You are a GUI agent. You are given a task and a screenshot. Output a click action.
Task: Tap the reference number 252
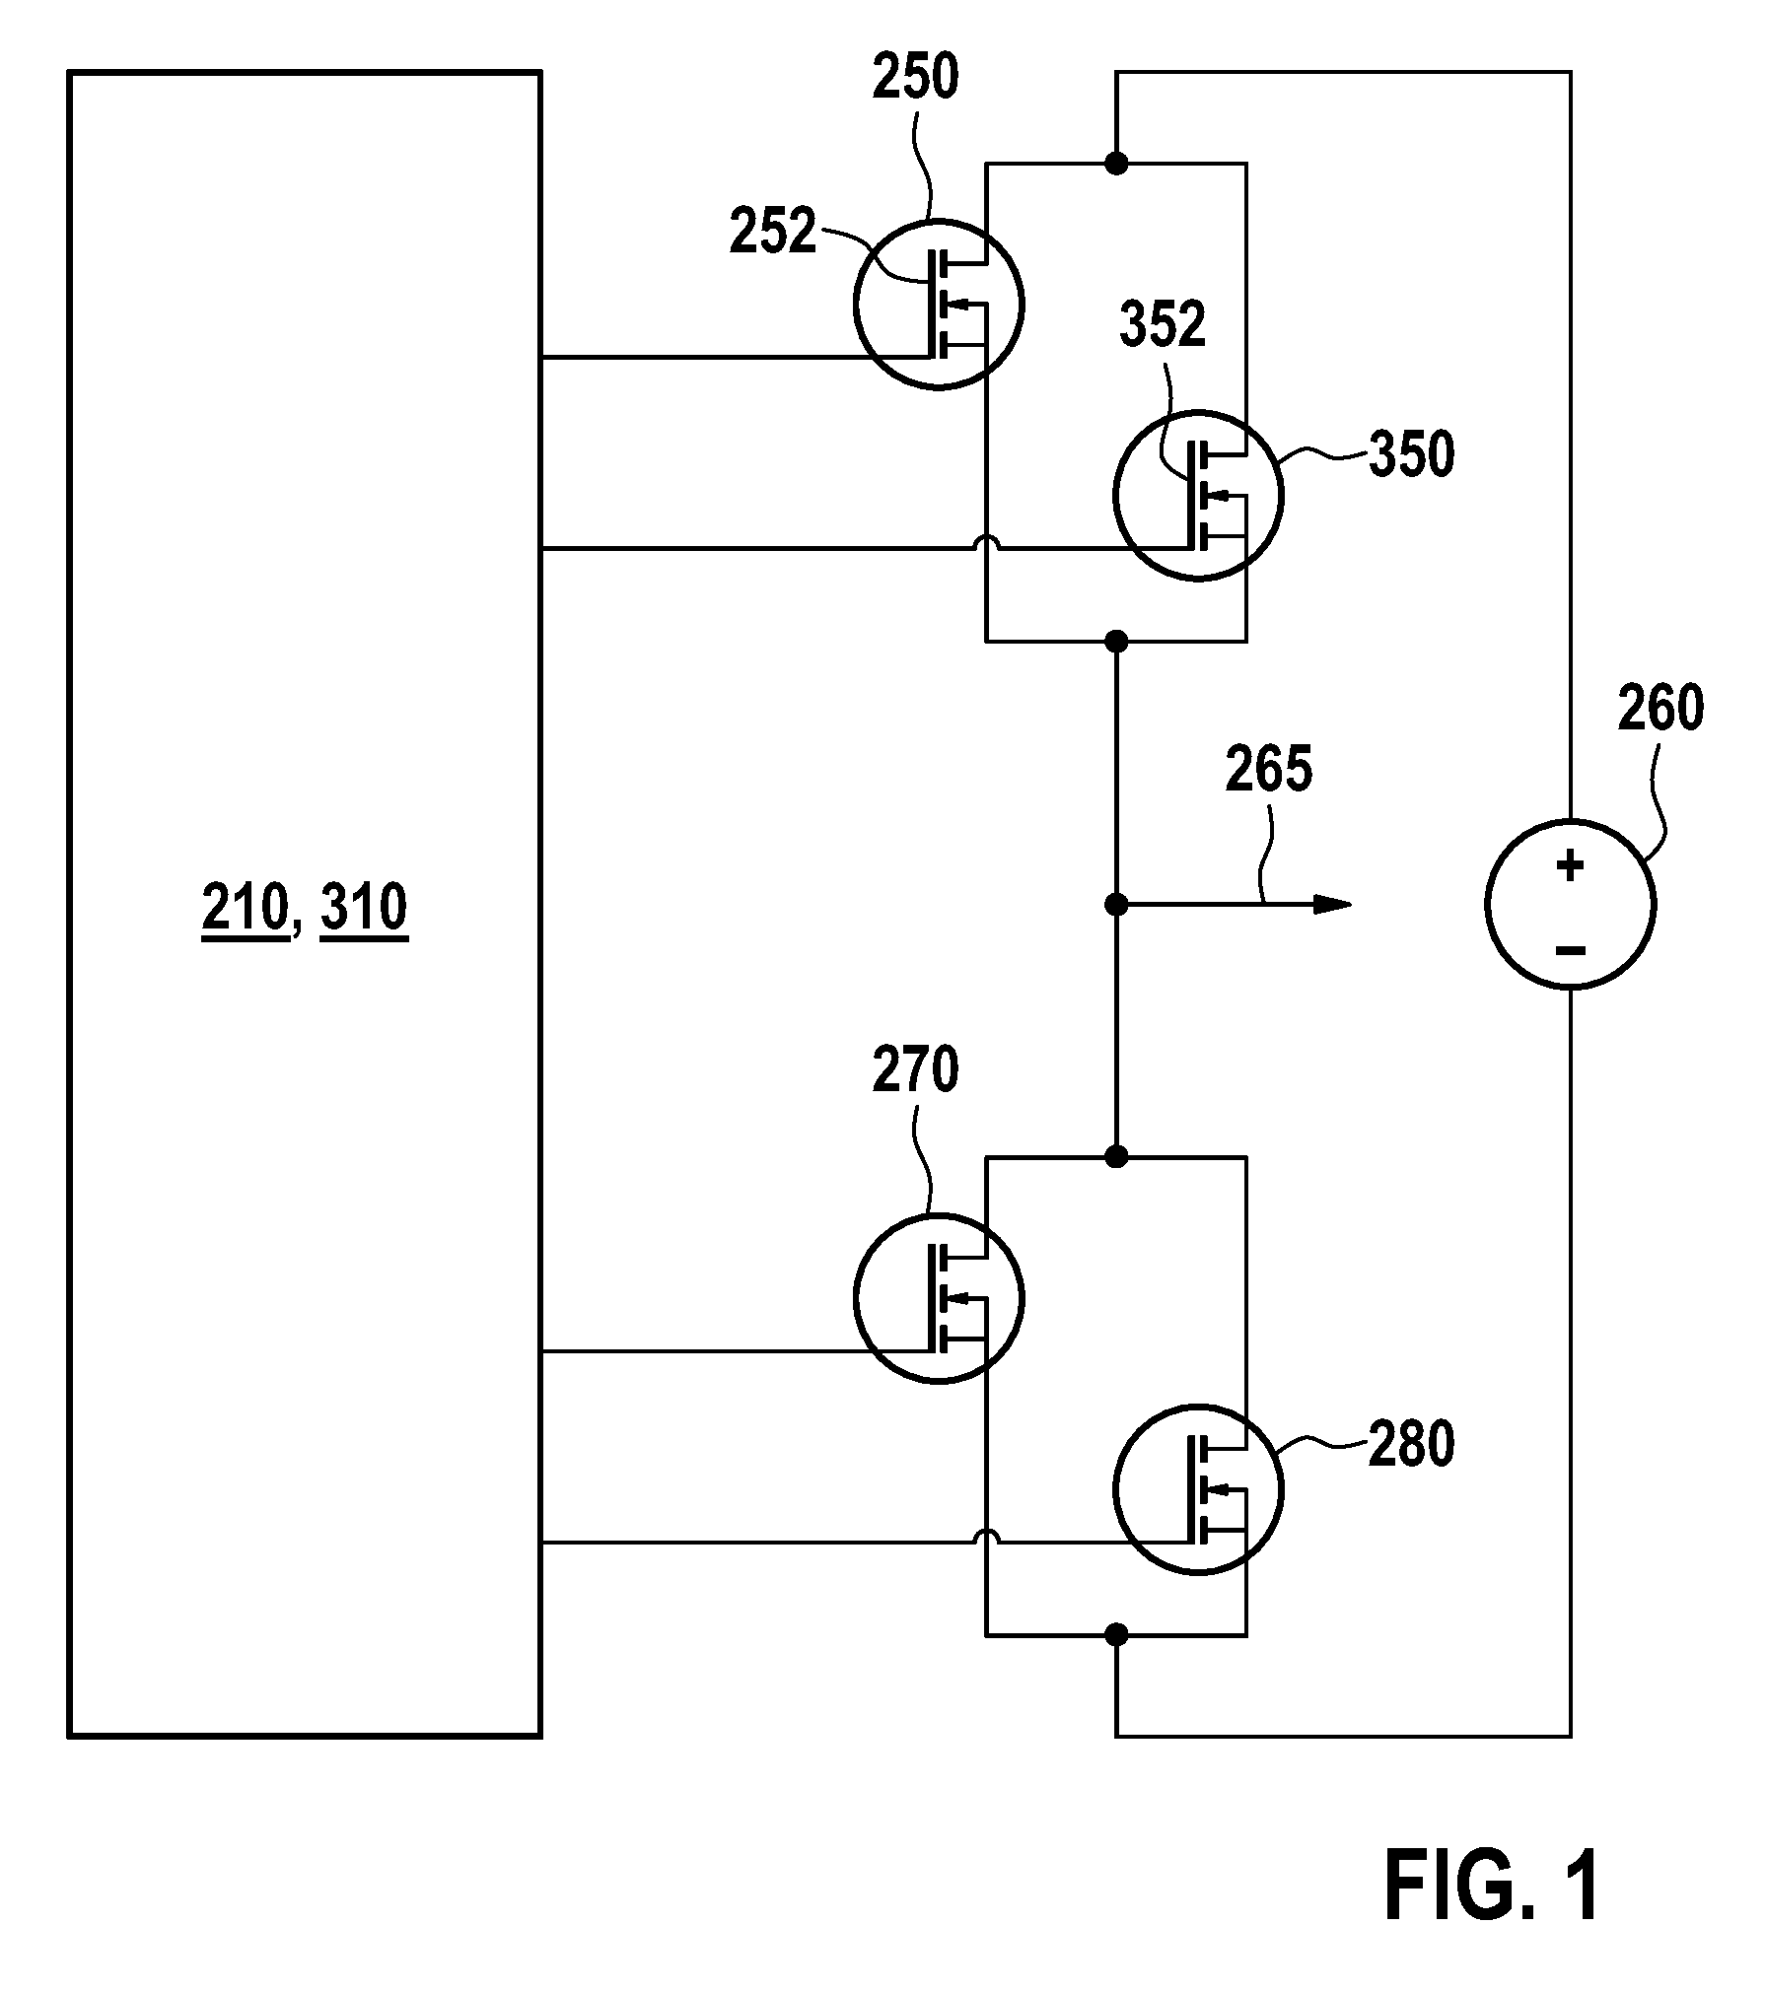tap(773, 233)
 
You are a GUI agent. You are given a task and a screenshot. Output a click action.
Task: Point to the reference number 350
tap(1411, 455)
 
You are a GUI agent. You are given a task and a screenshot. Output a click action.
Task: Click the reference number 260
tap(1660, 708)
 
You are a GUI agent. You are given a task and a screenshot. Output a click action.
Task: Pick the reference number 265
tap(1269, 769)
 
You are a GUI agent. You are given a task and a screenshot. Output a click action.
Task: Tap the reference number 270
tap(915, 1070)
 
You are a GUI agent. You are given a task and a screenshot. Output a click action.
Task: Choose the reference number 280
tap(1411, 1446)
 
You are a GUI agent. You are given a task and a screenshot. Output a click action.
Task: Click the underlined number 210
tap(246, 908)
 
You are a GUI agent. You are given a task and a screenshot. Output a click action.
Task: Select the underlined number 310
tap(364, 908)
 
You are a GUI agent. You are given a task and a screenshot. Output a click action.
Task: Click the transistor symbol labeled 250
tap(939, 305)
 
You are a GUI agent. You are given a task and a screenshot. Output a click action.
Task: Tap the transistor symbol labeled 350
tap(1198, 496)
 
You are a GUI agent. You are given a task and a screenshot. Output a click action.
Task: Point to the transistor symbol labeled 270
tap(939, 1298)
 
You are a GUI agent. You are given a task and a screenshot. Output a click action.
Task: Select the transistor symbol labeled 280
tap(1198, 1489)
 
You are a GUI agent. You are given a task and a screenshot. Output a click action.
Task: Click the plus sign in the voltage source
tap(1570, 866)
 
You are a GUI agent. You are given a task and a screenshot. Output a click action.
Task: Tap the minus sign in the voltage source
tap(1570, 951)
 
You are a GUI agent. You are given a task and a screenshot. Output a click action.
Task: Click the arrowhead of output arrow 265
tap(1333, 904)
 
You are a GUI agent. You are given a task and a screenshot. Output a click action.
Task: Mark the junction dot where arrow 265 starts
tap(1116, 904)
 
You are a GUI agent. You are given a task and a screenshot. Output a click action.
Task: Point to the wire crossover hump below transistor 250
tap(986, 542)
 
